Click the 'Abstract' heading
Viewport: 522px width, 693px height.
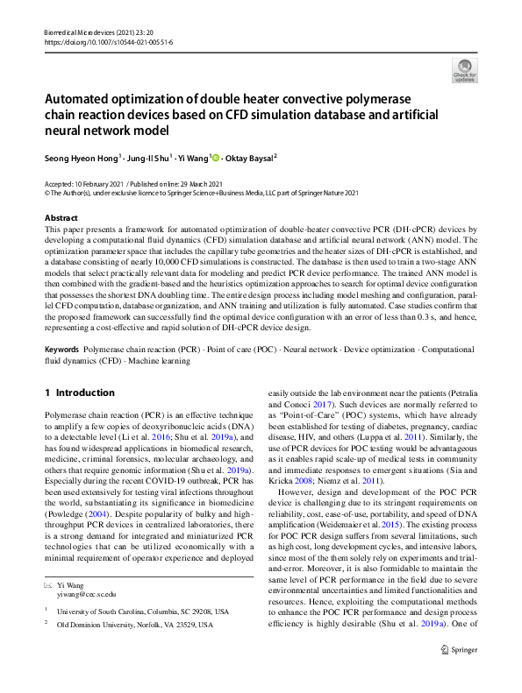(x=61, y=216)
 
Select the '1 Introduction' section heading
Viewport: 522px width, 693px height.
(x=80, y=392)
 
